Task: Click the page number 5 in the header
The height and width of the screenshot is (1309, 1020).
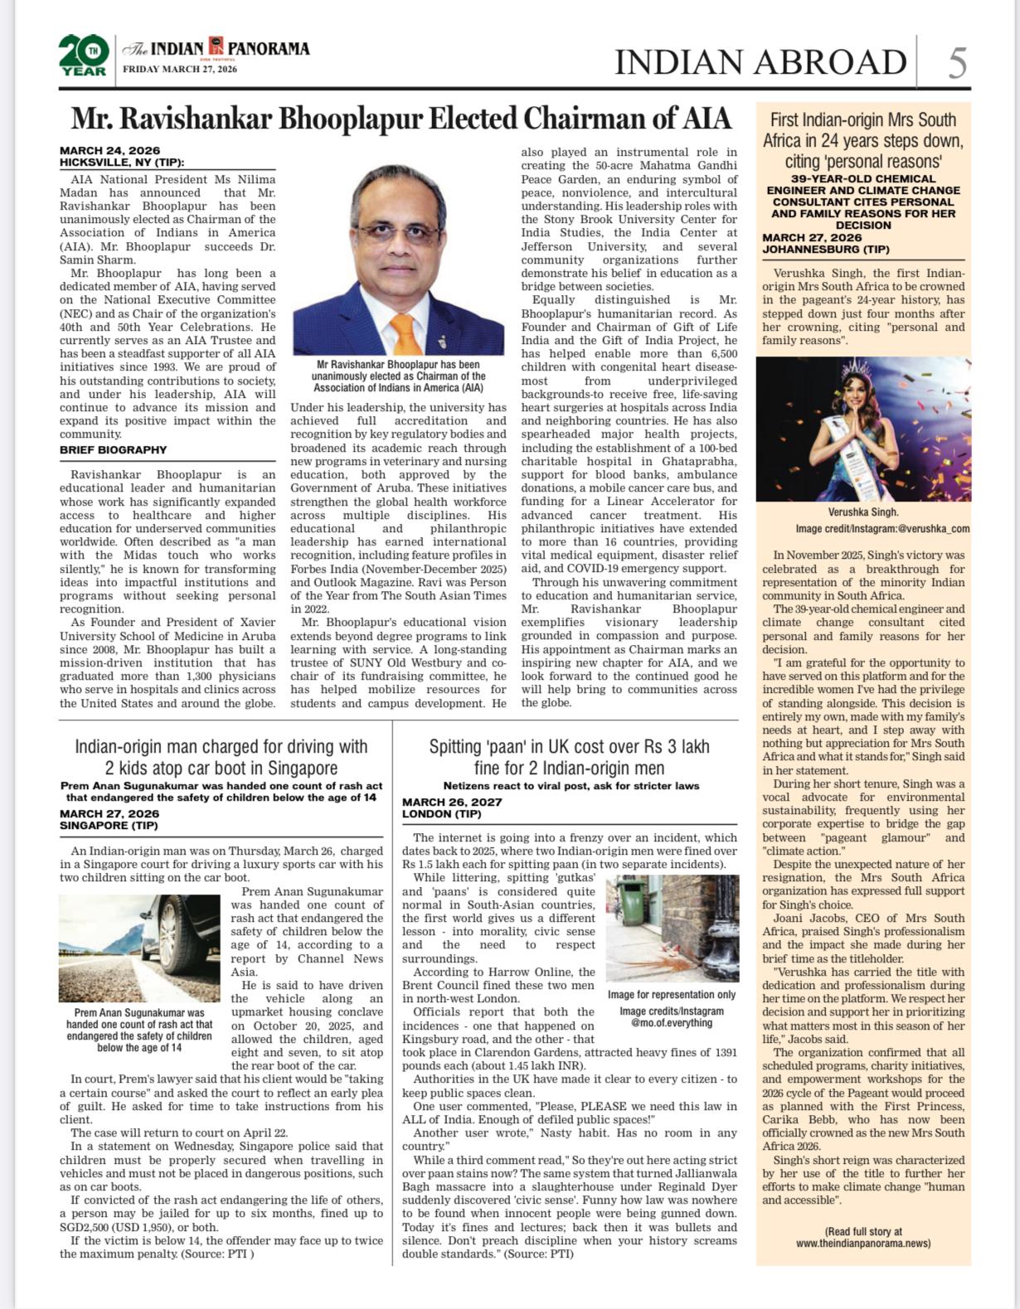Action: coord(957,63)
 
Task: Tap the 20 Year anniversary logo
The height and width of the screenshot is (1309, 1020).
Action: coord(83,56)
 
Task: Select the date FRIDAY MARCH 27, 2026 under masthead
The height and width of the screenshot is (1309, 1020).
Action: coord(180,70)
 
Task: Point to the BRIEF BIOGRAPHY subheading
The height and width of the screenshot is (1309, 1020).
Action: coord(114,450)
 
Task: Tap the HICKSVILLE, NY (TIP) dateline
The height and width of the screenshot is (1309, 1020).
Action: coord(122,162)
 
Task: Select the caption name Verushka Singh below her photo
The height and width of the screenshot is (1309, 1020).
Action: coord(862,512)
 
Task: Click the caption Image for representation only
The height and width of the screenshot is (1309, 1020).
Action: coord(671,995)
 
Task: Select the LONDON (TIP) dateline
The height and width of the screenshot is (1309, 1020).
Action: coord(442,814)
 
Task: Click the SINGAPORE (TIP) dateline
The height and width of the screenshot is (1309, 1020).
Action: coord(109,826)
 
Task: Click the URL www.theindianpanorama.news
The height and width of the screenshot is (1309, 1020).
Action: coord(862,1244)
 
